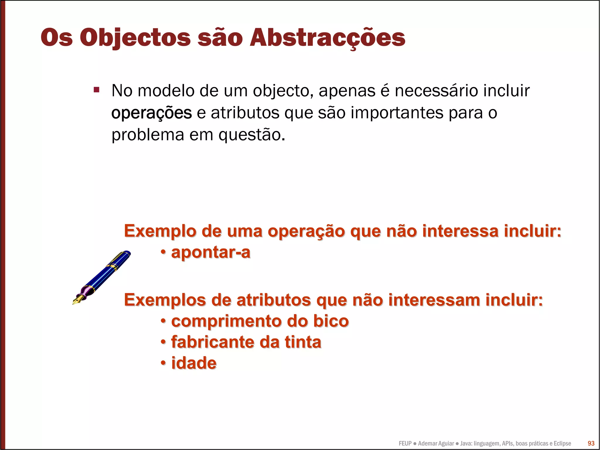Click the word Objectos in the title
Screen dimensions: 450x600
pos(135,38)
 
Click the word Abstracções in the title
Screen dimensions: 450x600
pos(327,38)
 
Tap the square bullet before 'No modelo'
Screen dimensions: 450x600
pos(96,89)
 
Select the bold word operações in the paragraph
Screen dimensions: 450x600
pos(151,113)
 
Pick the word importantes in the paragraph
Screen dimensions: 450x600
pos(397,113)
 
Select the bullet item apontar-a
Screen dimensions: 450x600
pos(210,252)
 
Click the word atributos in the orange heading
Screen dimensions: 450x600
pos(274,300)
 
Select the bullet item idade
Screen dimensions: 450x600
pos(194,363)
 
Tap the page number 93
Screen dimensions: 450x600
pos(591,443)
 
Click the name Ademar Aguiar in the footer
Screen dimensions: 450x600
pos(436,443)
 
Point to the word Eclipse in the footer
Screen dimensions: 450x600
pos(562,443)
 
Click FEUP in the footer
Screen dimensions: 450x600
pos(405,443)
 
